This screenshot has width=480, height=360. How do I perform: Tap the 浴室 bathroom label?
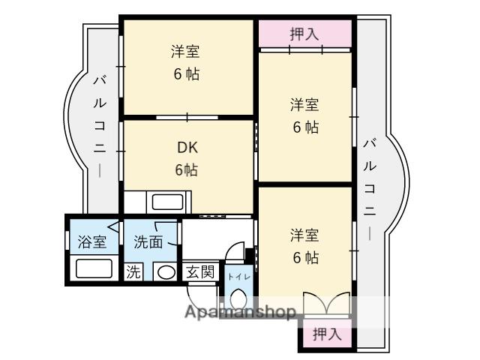[92, 241]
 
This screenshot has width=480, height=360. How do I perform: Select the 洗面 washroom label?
[148, 241]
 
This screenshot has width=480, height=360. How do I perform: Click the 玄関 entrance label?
[199, 272]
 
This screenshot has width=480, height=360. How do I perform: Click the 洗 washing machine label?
[133, 272]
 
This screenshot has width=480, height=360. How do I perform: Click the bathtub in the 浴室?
[94, 269]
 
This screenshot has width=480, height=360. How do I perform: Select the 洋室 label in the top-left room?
[185, 52]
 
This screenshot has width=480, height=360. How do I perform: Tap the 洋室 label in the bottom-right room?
[305, 234]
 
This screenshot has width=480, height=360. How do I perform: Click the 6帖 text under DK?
[186, 170]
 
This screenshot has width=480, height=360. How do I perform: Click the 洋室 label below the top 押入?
[305, 104]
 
